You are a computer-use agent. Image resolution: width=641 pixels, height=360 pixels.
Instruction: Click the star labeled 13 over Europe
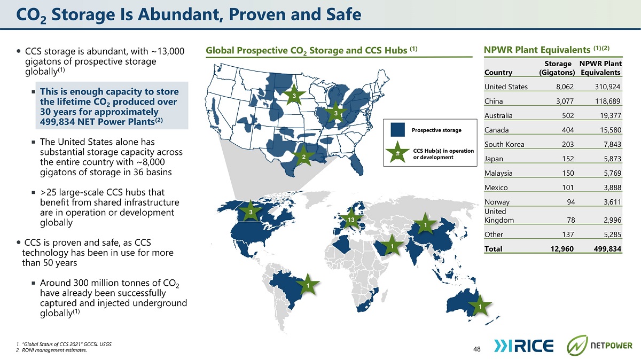(x=351, y=220)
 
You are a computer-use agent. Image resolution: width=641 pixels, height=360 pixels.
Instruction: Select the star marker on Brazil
(x=308, y=285)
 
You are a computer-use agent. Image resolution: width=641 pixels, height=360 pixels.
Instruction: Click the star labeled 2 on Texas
(x=303, y=156)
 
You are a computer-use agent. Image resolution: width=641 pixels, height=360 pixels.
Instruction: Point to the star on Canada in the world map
(x=251, y=212)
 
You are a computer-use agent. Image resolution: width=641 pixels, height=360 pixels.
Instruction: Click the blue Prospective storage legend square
(x=398, y=130)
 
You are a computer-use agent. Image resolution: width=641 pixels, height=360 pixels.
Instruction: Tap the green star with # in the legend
(x=397, y=153)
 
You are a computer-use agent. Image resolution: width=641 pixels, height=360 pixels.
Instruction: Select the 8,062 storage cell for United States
(x=565, y=87)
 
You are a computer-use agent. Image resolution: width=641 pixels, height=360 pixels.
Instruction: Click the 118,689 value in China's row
(x=607, y=101)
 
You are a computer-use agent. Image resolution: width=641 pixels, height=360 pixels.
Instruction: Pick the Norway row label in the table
(x=497, y=202)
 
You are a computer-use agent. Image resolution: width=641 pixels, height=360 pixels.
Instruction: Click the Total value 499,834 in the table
(x=607, y=249)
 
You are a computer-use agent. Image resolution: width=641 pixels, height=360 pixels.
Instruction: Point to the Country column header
(x=498, y=73)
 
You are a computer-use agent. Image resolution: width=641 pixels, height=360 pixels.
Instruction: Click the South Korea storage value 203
(x=568, y=144)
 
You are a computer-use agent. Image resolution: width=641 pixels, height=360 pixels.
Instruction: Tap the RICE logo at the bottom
(x=523, y=346)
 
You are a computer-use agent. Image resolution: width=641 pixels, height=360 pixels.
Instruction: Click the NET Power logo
(x=599, y=346)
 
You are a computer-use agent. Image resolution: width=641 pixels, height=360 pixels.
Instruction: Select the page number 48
(x=476, y=349)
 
